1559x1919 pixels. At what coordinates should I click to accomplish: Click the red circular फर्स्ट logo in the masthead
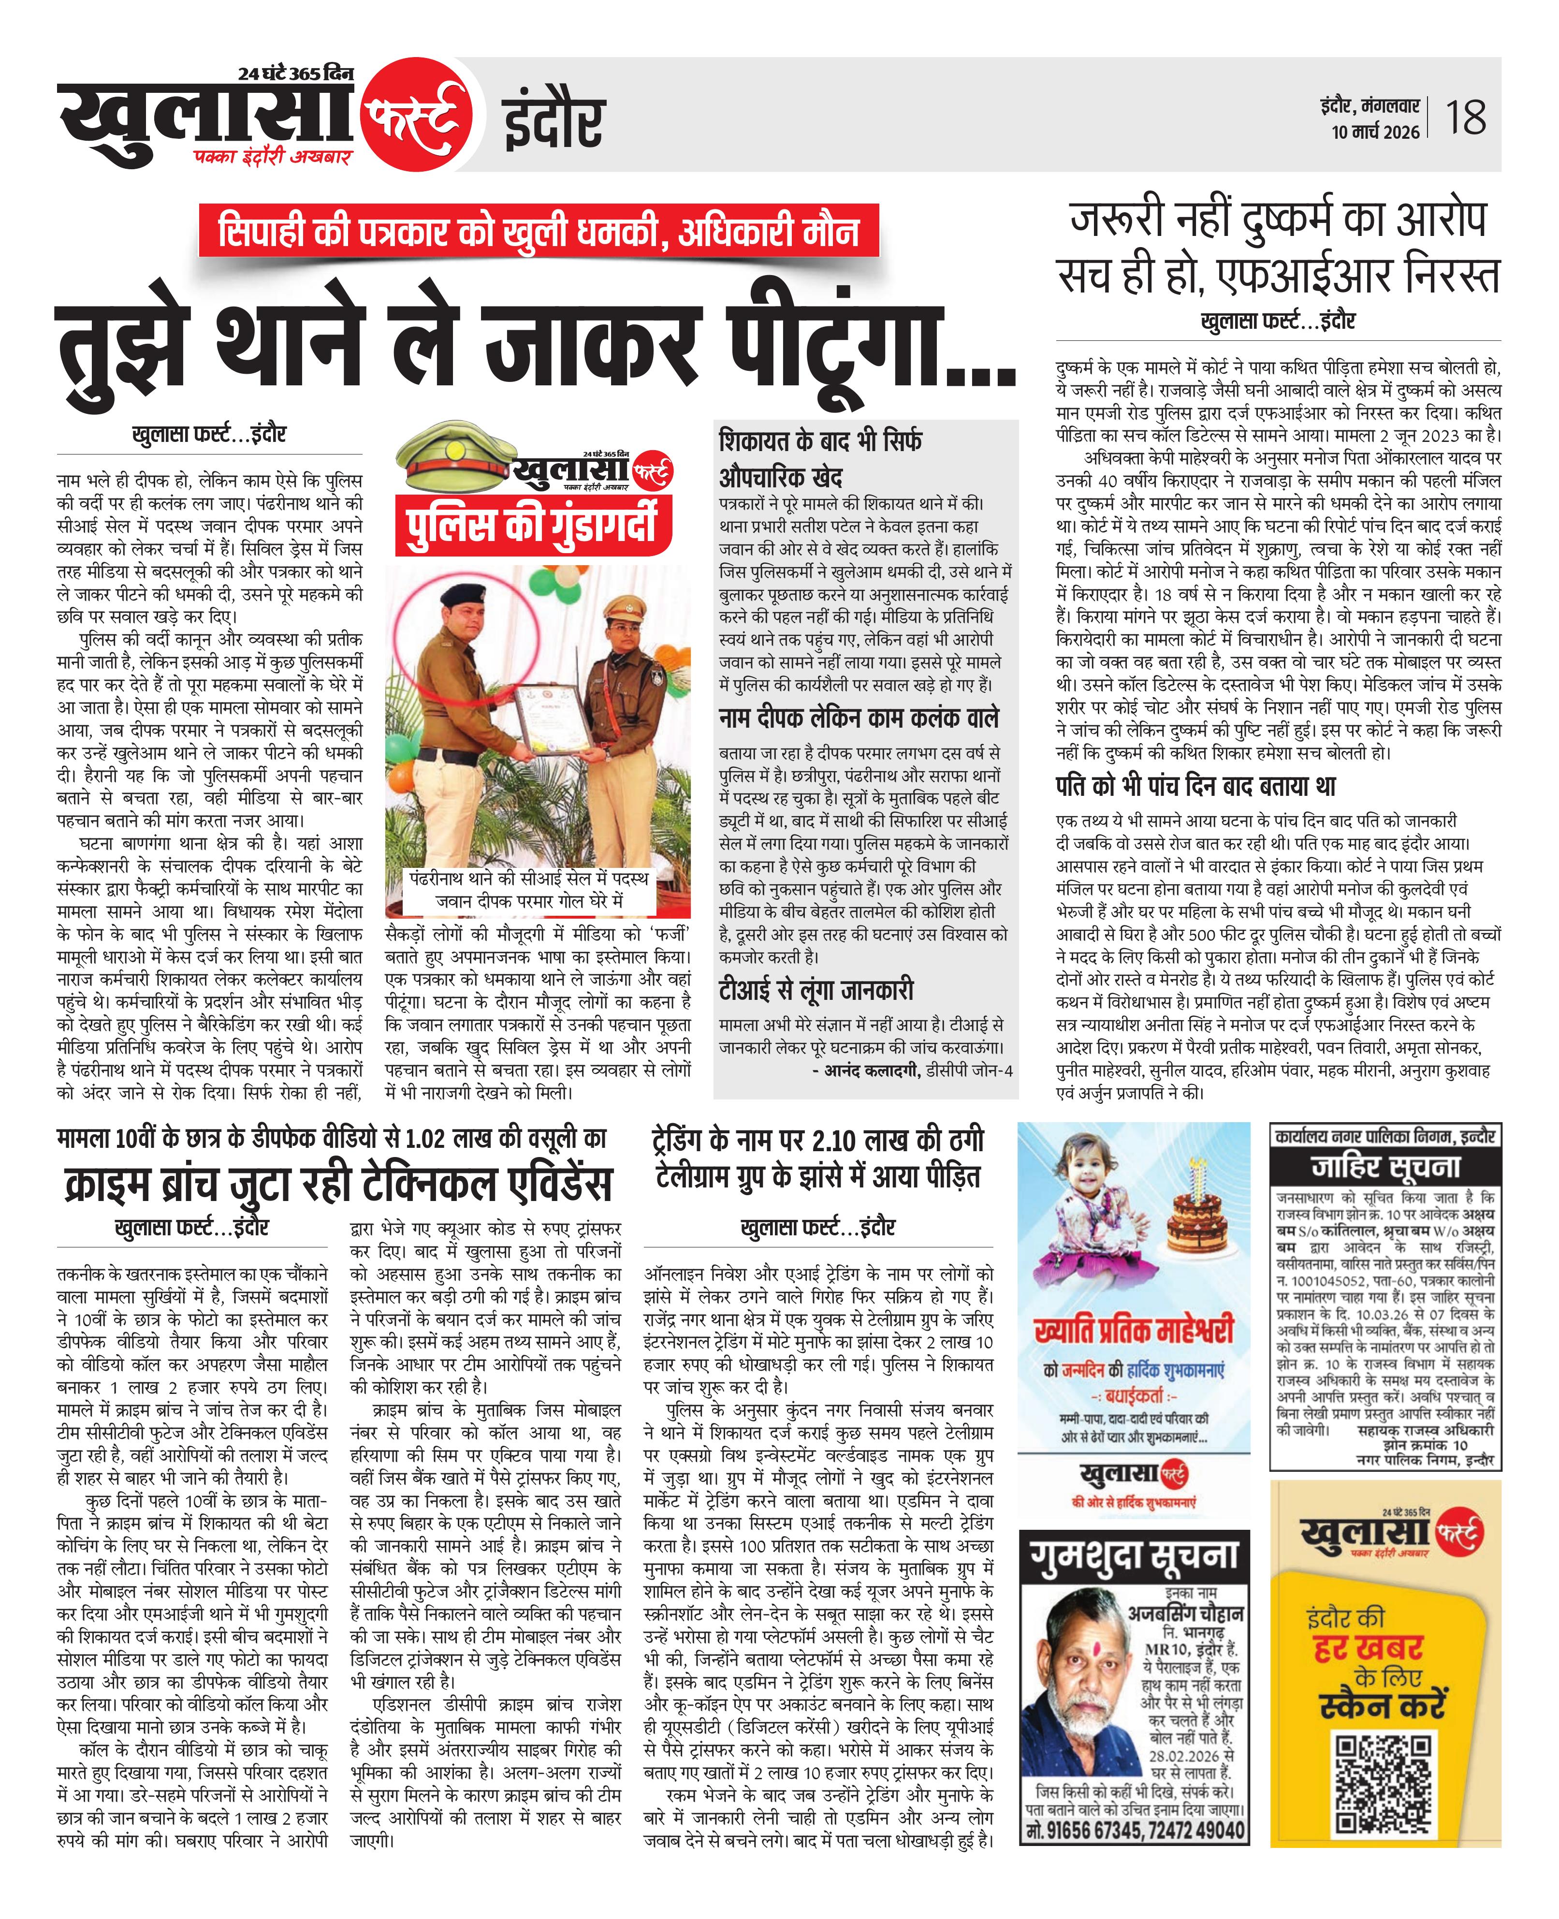click(x=416, y=115)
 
